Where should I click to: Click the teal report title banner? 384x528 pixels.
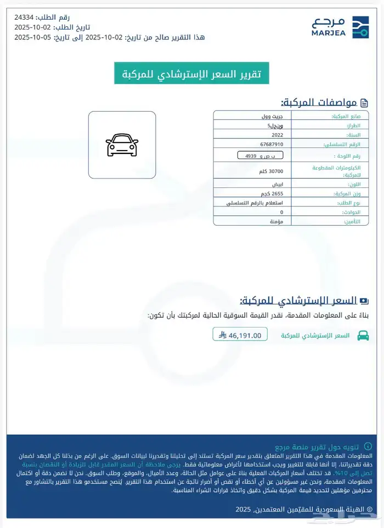(191, 73)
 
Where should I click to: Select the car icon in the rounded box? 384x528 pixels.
(122, 145)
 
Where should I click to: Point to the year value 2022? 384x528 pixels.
(278, 135)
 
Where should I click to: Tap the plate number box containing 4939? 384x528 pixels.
(257, 156)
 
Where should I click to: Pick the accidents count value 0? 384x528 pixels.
(282, 212)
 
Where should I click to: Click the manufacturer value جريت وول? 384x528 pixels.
(272, 117)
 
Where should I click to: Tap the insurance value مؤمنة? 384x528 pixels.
(276, 221)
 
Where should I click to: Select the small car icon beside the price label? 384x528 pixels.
(363, 335)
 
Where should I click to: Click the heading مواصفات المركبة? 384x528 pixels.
(319, 102)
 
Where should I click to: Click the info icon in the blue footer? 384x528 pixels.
(368, 447)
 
